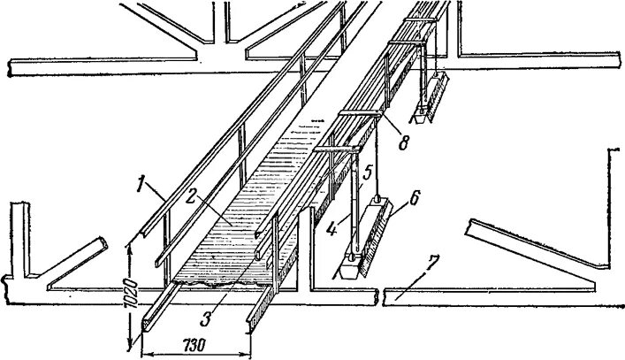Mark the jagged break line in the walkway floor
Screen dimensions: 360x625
coord(212,286)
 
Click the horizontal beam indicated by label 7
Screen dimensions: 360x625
coord(495,295)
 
